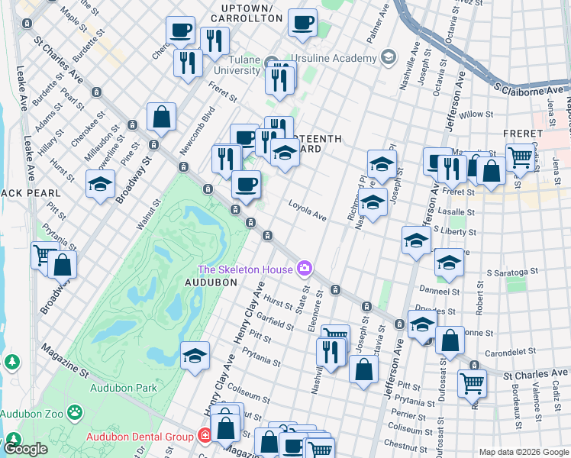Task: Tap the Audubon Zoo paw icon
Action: click(x=75, y=413)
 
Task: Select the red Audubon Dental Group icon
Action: click(x=204, y=435)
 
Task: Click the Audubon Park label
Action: click(x=123, y=388)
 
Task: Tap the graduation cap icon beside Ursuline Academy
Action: click(x=389, y=58)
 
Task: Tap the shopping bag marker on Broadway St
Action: click(x=162, y=118)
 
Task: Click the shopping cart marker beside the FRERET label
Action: click(x=520, y=158)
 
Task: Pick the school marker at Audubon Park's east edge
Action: click(x=195, y=356)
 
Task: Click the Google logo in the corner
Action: click(x=26, y=449)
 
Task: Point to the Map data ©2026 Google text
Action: click(x=523, y=452)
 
